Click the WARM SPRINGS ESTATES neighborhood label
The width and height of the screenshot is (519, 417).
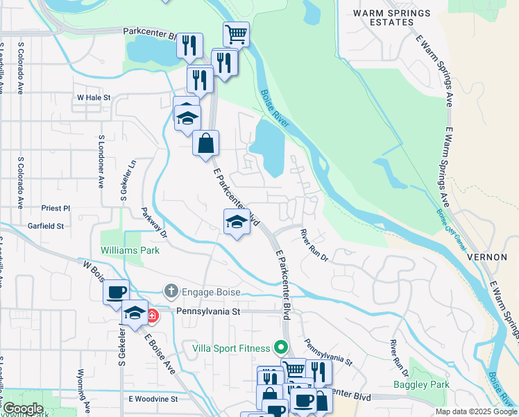pyautogui.click(x=391, y=17)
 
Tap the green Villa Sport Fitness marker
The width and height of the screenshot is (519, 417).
pyautogui.click(x=280, y=345)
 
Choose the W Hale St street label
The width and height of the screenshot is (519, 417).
pyautogui.click(x=94, y=98)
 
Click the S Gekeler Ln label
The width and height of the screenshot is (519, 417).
pyautogui.click(x=124, y=181)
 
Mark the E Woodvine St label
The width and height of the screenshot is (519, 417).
pyautogui.click(x=153, y=399)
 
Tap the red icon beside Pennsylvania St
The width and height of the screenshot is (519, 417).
pyautogui.click(x=151, y=316)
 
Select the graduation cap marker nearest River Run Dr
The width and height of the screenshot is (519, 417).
pyautogui.click(x=237, y=222)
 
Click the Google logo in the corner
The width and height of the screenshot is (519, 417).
pyautogui.click(x=22, y=409)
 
